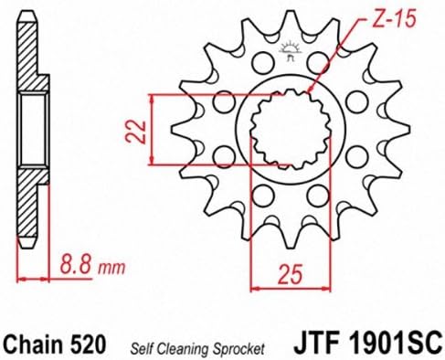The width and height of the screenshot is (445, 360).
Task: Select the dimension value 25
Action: point(291,273)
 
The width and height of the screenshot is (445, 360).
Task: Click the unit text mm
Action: point(111,267)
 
